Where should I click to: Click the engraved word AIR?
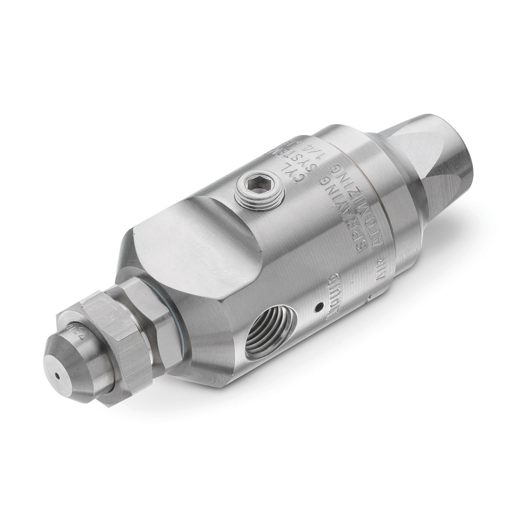[x=381, y=263]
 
